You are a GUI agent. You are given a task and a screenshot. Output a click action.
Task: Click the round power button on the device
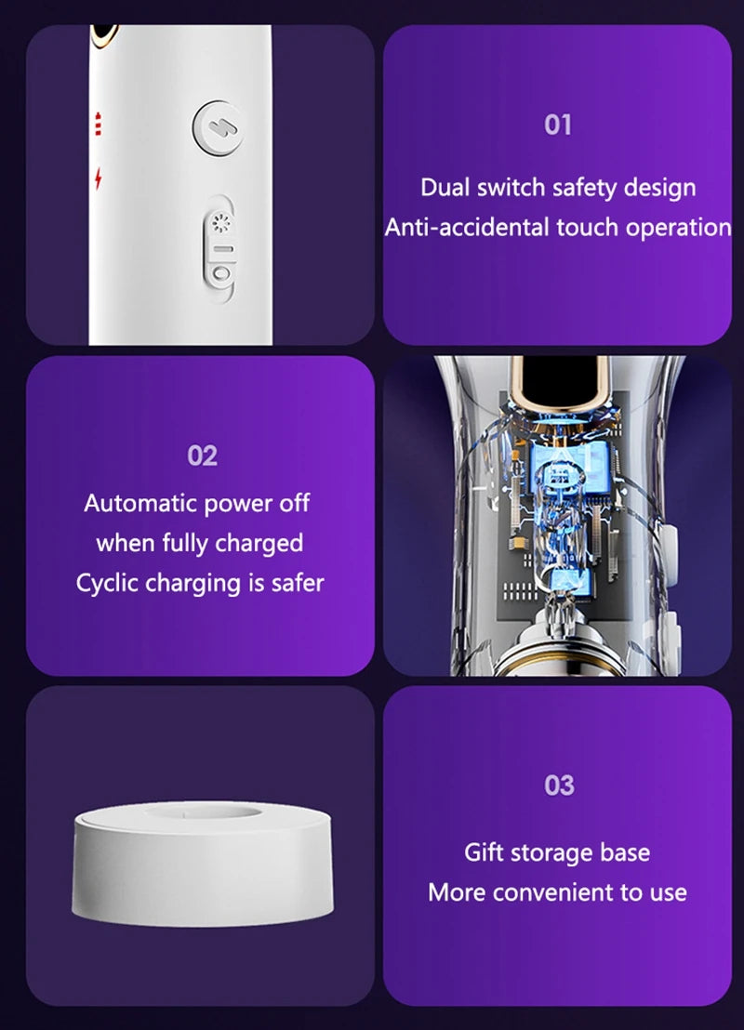[x=218, y=128]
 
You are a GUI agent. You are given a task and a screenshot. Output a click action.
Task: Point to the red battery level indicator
[x=98, y=124]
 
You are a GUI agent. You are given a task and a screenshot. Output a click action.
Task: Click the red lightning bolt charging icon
[x=99, y=178]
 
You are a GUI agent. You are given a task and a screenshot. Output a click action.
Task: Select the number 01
[x=557, y=125]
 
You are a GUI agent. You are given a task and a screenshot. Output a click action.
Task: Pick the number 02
[x=202, y=456]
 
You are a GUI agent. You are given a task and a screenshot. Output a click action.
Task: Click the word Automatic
[x=140, y=503]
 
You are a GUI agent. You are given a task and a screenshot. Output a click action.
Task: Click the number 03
[x=559, y=786]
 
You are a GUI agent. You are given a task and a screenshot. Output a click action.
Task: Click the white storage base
[x=203, y=864]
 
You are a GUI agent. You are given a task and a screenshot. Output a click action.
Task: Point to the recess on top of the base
[x=203, y=812]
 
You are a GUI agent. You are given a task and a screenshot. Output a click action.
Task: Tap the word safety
[x=584, y=188]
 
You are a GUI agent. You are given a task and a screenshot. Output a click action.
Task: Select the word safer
[x=298, y=583]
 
